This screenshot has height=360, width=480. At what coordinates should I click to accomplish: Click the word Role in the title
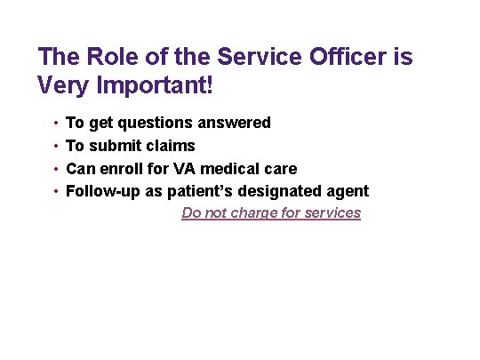pos(107,58)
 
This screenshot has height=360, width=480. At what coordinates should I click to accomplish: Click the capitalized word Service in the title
pos(244,58)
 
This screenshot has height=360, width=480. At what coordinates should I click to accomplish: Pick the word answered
pos(235,123)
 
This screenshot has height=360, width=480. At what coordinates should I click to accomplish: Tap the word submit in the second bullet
pos(113,146)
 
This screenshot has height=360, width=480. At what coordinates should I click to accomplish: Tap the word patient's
pos(201,191)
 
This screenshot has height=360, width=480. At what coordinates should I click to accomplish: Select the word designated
pos(282,191)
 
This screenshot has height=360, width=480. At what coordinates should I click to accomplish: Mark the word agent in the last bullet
pos(348,192)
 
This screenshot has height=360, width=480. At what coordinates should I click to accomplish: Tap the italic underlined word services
pos(331,213)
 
